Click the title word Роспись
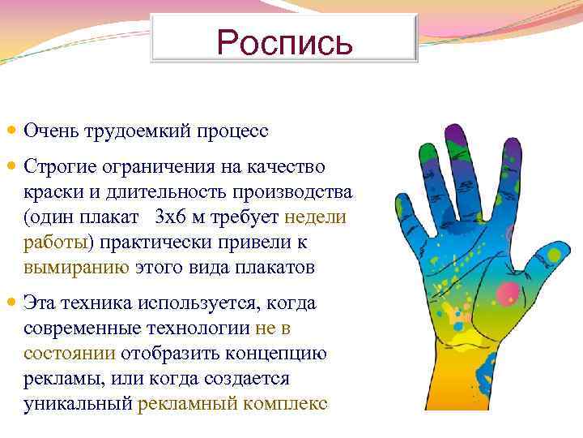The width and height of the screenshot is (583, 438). [285, 41]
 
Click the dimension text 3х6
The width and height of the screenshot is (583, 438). [170, 217]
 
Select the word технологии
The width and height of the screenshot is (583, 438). [202, 328]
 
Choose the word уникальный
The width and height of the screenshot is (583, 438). [78, 403]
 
